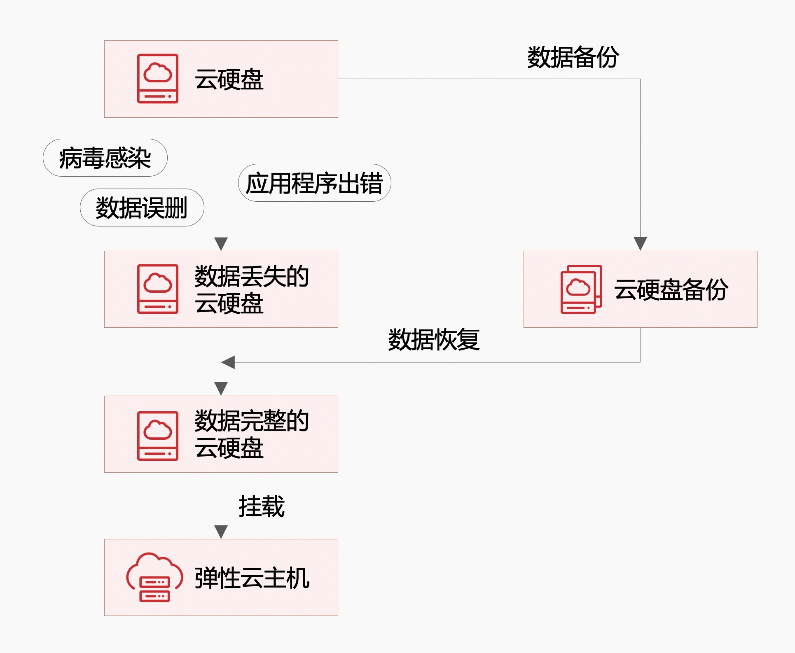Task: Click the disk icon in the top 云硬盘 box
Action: [157, 79]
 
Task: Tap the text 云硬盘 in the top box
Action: [229, 79]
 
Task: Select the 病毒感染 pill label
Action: [105, 158]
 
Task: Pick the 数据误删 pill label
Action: [142, 208]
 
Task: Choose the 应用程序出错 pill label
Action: [314, 183]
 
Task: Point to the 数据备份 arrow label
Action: [573, 57]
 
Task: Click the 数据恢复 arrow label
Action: [434, 340]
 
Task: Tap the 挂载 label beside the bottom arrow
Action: [262, 506]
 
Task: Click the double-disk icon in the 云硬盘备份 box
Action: [581, 289]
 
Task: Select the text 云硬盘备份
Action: [671, 289]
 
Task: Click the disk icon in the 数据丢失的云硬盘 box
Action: [157, 289]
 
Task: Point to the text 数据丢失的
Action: [252, 276]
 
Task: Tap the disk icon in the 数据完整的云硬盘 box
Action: [157, 436]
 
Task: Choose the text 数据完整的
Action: [252, 421]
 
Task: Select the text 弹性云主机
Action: [252, 578]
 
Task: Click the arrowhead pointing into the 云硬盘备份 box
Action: [640, 243]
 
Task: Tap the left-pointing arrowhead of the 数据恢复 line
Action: [228, 362]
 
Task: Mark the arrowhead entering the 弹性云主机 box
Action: [221, 532]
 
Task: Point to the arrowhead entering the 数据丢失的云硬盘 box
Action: [221, 243]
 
